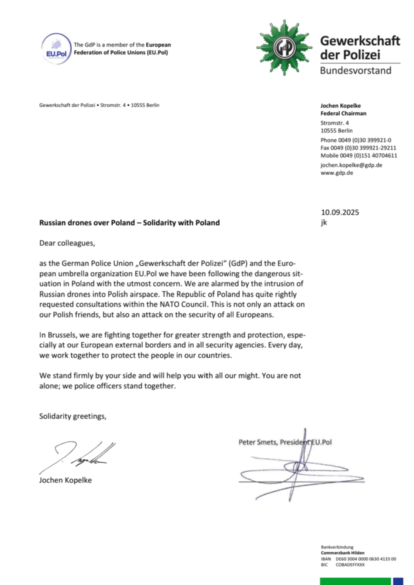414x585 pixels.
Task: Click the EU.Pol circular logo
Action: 56,49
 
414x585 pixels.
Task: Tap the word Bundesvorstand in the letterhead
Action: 355,70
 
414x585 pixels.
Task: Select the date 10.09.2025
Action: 340,212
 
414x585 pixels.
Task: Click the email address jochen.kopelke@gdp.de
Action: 351,165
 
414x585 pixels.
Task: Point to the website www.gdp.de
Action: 337,173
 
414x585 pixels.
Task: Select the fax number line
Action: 358,148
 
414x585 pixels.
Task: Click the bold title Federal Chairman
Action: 343,113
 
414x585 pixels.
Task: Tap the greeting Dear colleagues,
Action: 67,243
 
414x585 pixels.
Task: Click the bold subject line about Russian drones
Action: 129,223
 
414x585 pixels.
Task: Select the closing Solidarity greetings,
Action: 72,416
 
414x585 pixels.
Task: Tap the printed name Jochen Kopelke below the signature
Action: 65,480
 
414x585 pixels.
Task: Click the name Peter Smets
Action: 257,442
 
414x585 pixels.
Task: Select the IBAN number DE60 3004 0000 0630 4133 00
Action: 366,559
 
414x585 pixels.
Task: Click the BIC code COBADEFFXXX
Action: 350,565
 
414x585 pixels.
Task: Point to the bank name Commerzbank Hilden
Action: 342,553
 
